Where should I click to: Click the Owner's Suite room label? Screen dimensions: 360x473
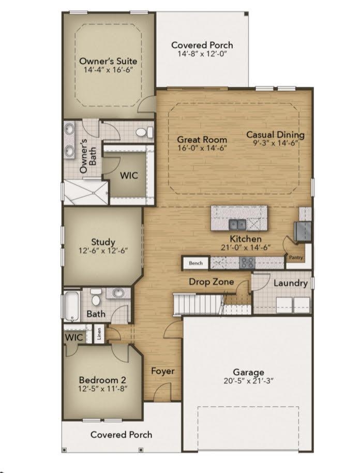point(108,61)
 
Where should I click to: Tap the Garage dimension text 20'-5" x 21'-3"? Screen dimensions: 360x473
point(248,381)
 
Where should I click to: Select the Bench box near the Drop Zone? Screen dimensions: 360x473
point(196,263)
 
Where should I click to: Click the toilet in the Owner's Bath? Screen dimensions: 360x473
point(144,132)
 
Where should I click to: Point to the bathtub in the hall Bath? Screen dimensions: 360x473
point(72,305)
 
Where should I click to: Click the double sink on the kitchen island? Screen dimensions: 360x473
point(237,225)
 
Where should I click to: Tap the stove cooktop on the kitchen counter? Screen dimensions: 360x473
point(247,263)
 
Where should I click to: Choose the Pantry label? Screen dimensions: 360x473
point(296,257)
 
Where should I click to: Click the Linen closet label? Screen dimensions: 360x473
point(99,334)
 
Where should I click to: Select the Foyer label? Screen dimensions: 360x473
point(162,371)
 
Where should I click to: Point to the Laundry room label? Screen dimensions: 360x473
point(290,283)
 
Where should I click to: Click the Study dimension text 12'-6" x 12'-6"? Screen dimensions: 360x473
point(103,250)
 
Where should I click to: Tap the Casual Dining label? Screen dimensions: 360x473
point(275,135)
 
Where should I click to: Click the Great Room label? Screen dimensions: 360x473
point(202,140)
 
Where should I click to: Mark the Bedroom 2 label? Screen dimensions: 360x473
point(102,380)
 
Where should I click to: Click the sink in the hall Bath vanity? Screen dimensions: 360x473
point(118,293)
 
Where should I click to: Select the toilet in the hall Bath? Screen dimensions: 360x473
point(96,297)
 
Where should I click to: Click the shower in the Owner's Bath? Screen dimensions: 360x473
point(86,193)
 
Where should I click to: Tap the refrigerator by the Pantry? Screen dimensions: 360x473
point(303,231)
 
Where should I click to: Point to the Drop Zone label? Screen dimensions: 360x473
point(212,282)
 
